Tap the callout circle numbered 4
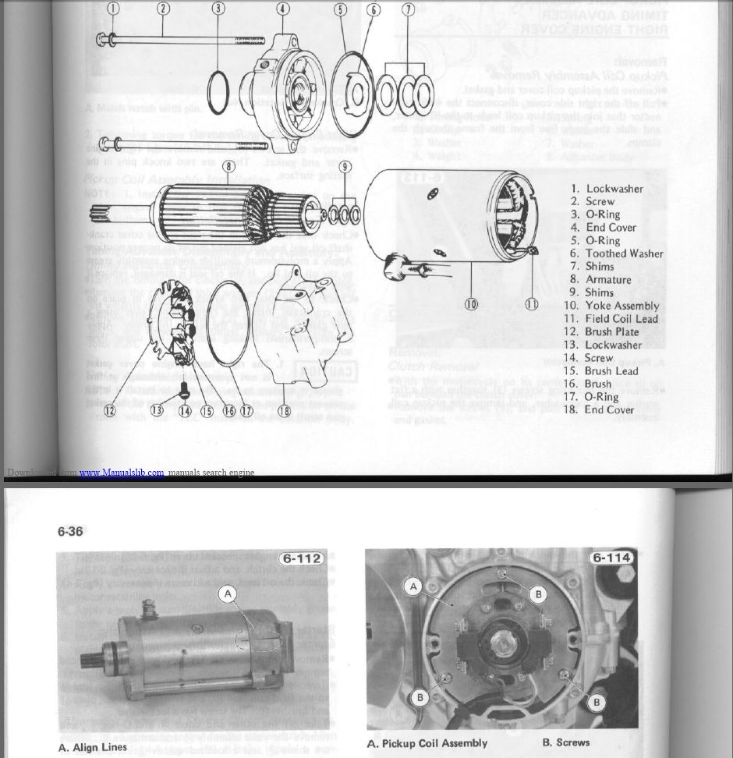pyautogui.click(x=282, y=9)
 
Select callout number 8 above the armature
pyautogui.click(x=228, y=165)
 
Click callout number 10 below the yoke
pyautogui.click(x=471, y=304)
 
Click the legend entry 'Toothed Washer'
pyautogui.click(x=614, y=253)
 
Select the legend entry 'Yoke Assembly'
pyautogui.click(x=611, y=306)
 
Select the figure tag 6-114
pyautogui.click(x=612, y=558)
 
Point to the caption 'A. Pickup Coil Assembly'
pyautogui.click(x=427, y=742)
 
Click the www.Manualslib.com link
pyautogui.click(x=122, y=473)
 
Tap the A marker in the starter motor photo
pyautogui.click(x=228, y=594)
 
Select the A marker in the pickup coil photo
pyautogui.click(x=414, y=586)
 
